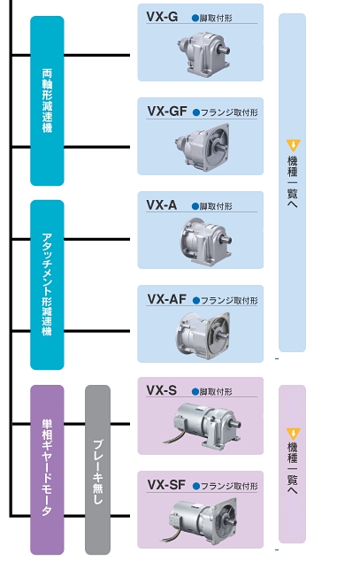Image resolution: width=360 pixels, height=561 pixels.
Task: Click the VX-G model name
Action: [162, 17]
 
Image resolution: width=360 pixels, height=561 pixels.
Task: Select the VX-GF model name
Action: [167, 111]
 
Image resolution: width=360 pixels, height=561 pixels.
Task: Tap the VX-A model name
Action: [162, 205]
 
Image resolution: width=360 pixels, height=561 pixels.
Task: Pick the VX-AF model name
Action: [166, 299]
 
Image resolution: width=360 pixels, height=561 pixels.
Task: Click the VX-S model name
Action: [162, 390]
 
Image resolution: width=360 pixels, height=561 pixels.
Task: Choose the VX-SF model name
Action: [166, 485]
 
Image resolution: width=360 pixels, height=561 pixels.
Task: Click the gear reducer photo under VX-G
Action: [203, 52]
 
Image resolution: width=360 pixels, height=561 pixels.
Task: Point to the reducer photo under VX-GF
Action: [203, 147]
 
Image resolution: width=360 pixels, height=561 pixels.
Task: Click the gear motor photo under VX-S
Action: [203, 425]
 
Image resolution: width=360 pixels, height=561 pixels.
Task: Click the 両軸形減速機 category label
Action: [47, 101]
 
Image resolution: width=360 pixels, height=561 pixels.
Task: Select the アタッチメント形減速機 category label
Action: [47, 285]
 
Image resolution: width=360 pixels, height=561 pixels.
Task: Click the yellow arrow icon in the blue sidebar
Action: [293, 145]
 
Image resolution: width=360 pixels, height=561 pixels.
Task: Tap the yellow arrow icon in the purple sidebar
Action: [293, 434]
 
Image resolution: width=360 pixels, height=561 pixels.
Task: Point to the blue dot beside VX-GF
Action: [195, 112]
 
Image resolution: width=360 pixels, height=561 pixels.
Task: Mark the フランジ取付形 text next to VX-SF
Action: [229, 486]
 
